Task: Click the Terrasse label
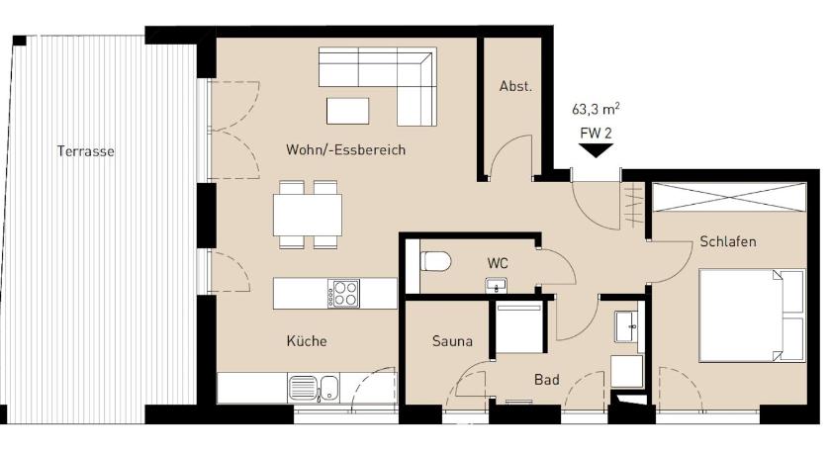(x=86, y=151)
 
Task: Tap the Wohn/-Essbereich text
(x=345, y=150)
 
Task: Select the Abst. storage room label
(x=515, y=86)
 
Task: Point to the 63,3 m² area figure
(x=596, y=109)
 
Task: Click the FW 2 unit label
(x=596, y=133)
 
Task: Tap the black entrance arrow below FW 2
(x=596, y=151)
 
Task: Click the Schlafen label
(x=728, y=241)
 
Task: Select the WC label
(x=498, y=263)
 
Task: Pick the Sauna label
(x=452, y=341)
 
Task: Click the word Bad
(x=546, y=380)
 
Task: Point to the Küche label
(x=307, y=341)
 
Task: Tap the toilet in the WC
(x=435, y=262)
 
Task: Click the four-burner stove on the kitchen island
(x=343, y=294)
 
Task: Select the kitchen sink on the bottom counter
(x=314, y=388)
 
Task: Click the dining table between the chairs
(x=308, y=215)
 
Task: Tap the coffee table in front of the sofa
(x=347, y=111)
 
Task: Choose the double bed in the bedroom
(x=752, y=316)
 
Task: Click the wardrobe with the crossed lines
(x=729, y=197)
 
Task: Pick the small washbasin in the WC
(x=496, y=285)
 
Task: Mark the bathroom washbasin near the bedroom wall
(x=628, y=326)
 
